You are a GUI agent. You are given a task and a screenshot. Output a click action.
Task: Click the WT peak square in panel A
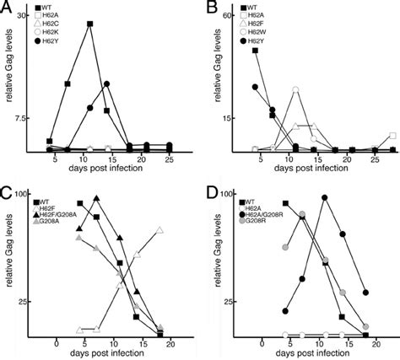89,24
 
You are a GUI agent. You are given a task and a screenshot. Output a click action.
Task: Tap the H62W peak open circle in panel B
295,89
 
